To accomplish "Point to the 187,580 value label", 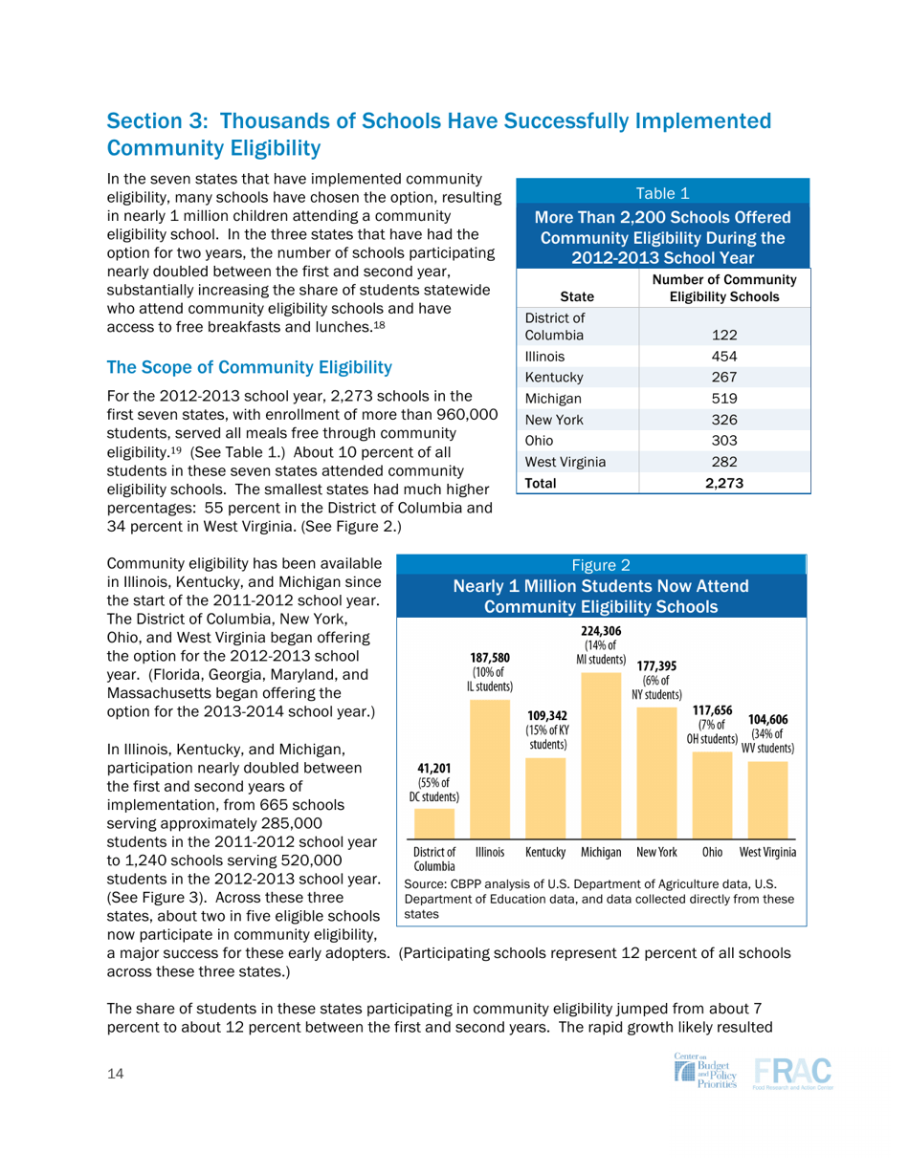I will (489, 658).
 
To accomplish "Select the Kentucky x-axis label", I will (544, 850).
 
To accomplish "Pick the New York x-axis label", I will (656, 850).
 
